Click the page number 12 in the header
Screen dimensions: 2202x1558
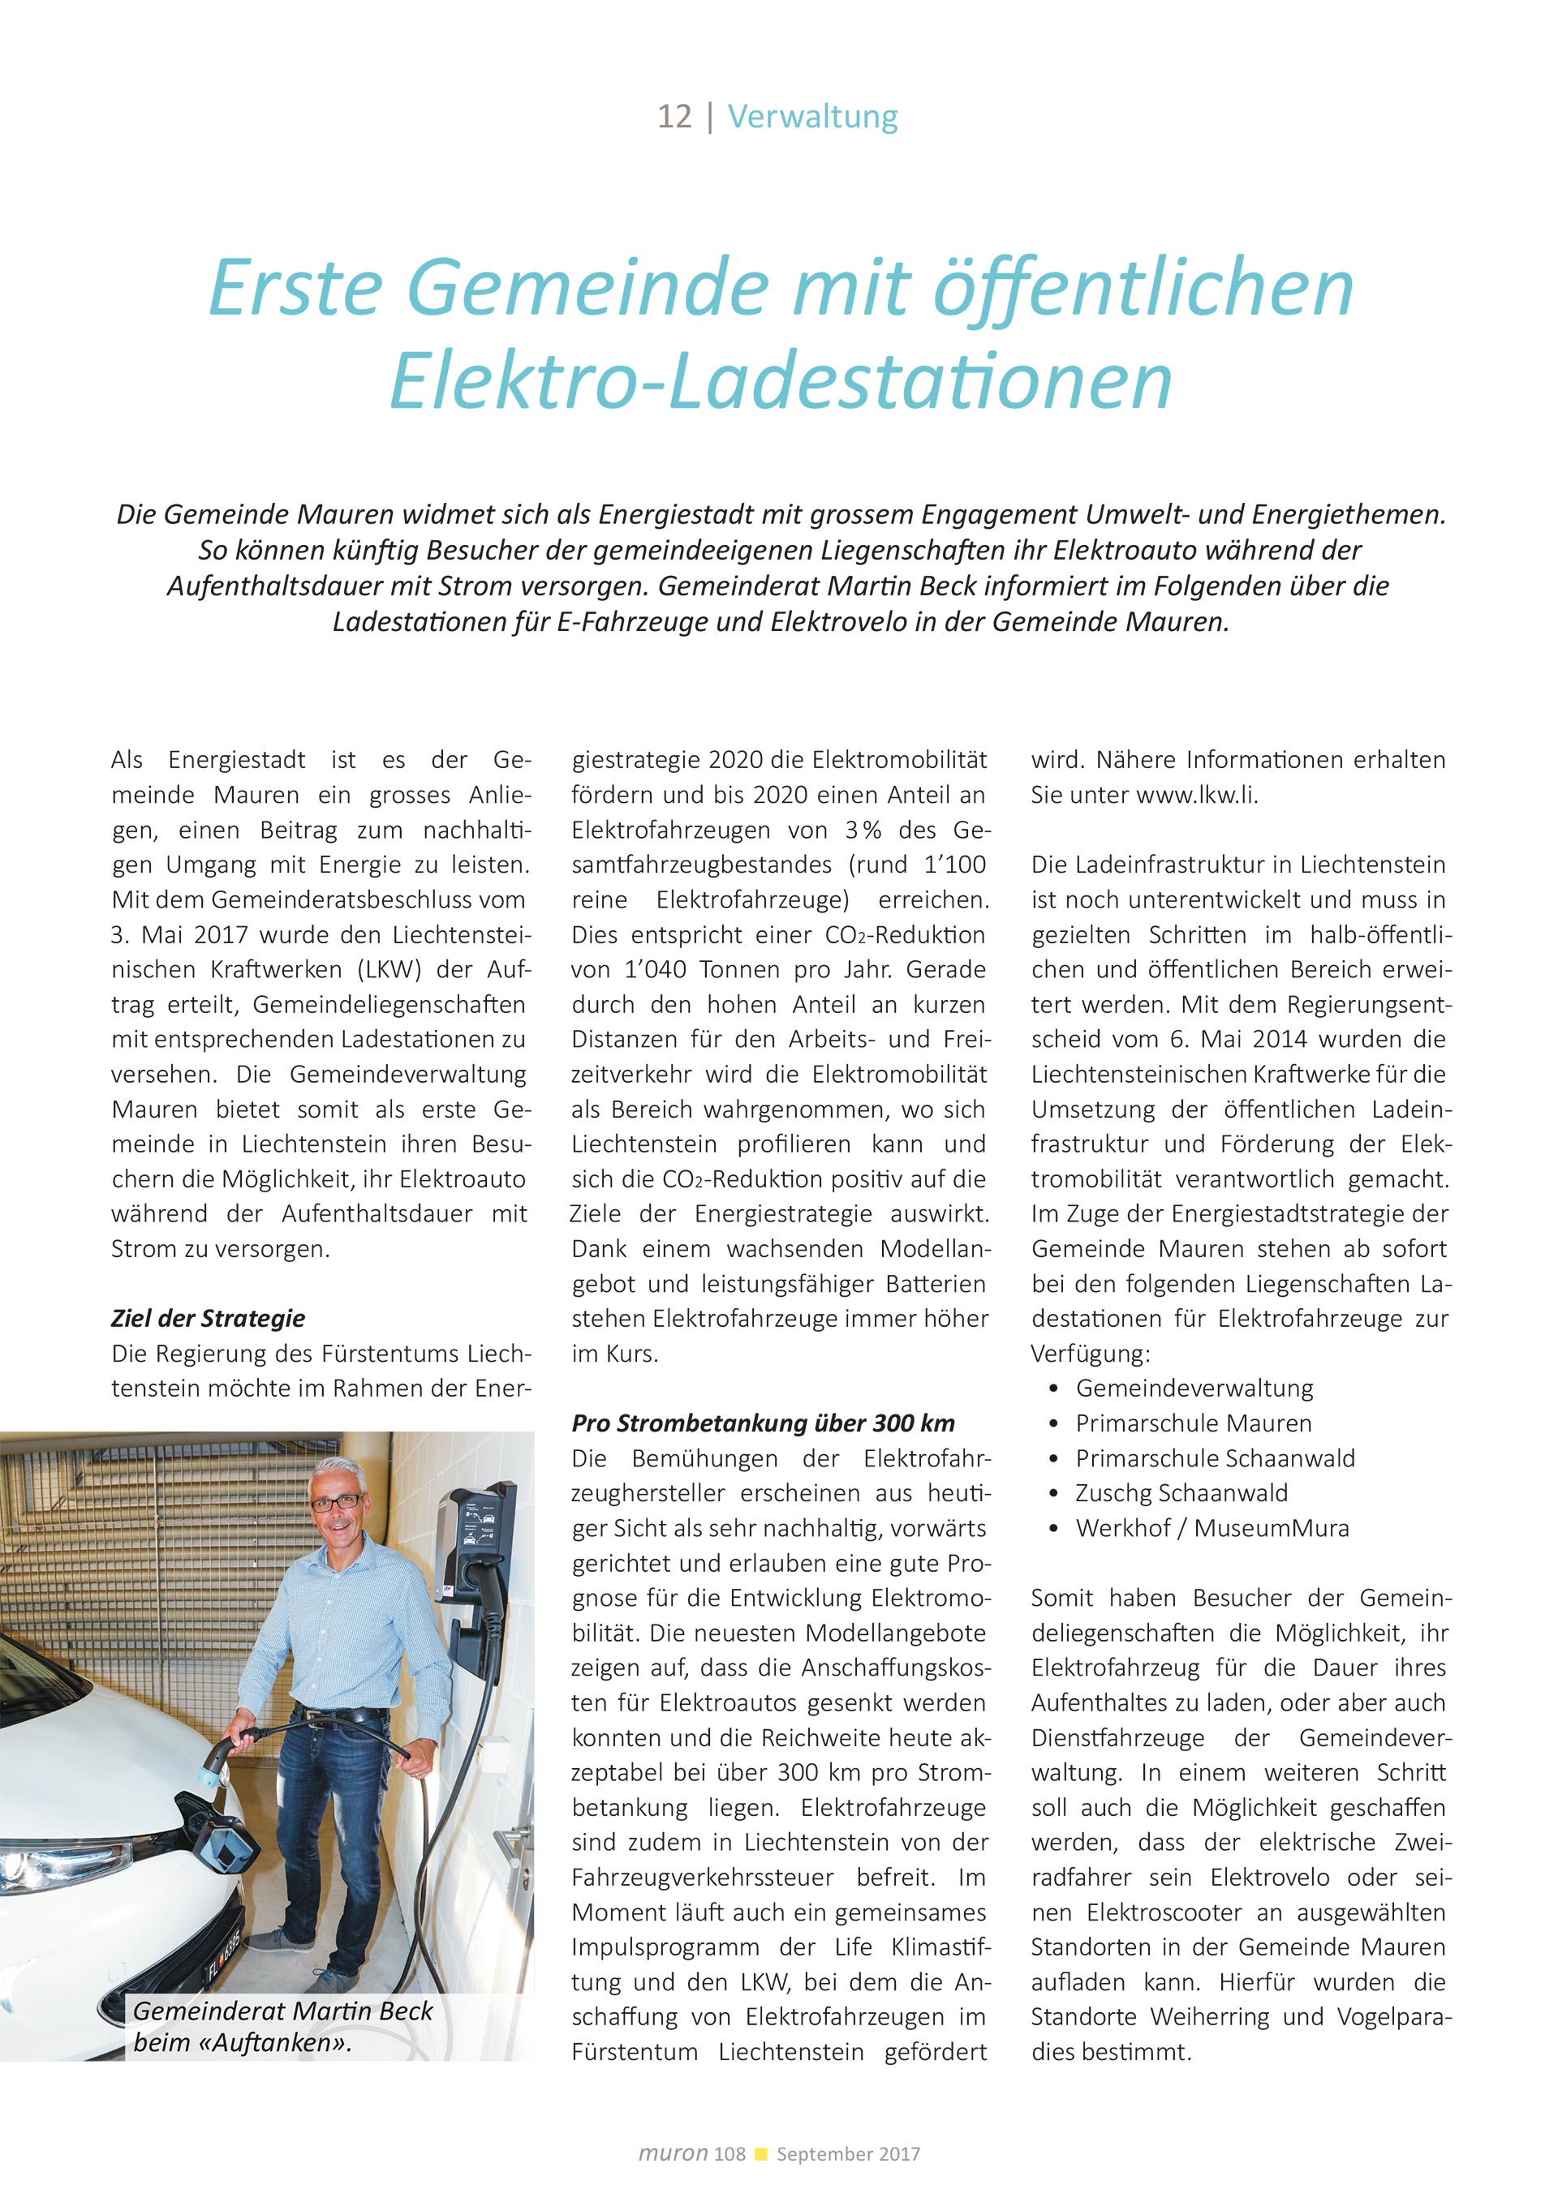pos(674,117)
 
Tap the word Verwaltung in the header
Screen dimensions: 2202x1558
pos(812,117)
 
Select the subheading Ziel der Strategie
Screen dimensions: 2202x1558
pos(209,1319)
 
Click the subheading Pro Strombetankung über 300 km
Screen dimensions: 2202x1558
pos(763,1423)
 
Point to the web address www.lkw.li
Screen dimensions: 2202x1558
pos(1195,795)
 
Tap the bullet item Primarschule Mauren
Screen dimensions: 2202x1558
pos(1193,1423)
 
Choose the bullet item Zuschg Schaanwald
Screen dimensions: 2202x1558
pos(1181,1493)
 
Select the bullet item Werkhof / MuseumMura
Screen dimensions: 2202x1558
pos(1212,1528)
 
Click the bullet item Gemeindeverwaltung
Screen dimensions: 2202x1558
pos(1194,1389)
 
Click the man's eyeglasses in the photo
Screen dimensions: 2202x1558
pos(338,1501)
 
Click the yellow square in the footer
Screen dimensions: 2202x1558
pos(762,2154)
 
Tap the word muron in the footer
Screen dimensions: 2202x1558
pos(673,2154)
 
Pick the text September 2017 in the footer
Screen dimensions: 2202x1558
pos(848,2154)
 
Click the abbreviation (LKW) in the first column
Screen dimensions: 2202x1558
pos(389,969)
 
